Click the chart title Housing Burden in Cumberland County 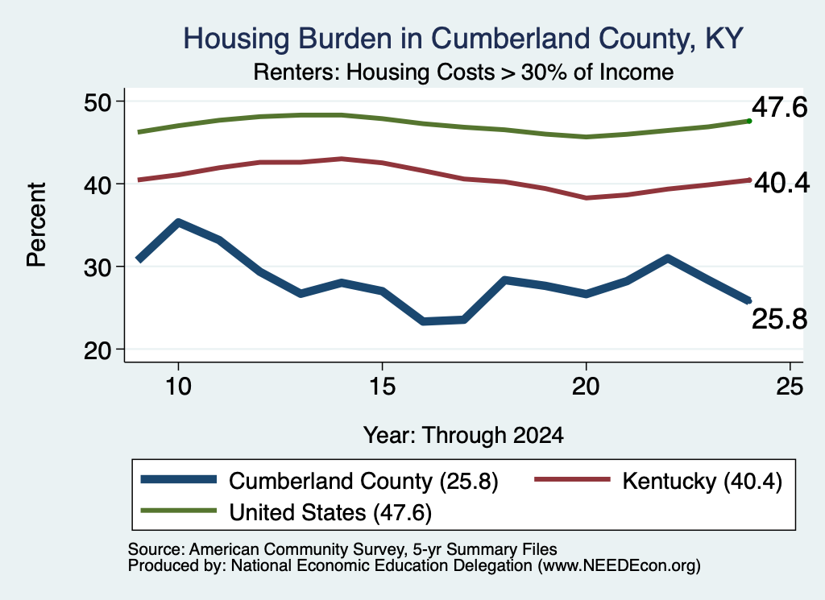[463, 39]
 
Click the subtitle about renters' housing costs [463, 72]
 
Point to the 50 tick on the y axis [97, 101]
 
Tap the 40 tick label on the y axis [97, 184]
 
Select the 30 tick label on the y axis [97, 267]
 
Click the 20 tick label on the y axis [97, 350]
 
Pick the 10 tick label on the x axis [178, 387]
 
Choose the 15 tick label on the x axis [382, 387]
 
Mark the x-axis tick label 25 [790, 387]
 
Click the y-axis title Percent [36, 225]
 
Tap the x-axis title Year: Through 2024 [463, 436]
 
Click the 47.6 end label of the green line [779, 107]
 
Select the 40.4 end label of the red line [781, 183]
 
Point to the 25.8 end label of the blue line [779, 319]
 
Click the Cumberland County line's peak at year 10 [178, 223]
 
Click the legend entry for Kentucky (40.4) [658, 481]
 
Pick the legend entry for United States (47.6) [286, 512]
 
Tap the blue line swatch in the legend [179, 479]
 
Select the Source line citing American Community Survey [342, 549]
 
